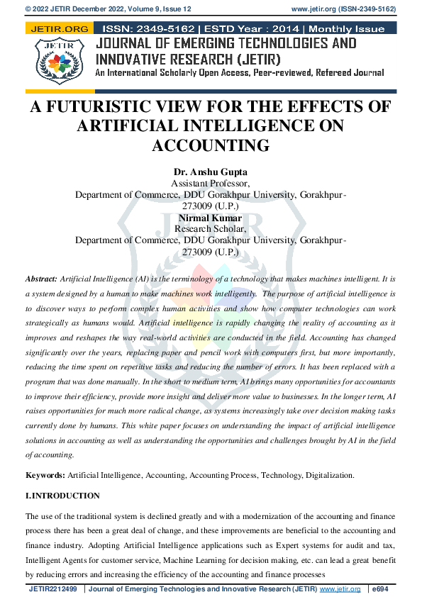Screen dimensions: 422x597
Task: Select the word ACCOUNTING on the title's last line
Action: tap(211, 145)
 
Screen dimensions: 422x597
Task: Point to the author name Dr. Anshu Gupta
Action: tap(211, 172)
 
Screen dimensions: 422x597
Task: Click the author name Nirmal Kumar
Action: tap(211, 218)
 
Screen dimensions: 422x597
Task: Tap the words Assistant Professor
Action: tap(211, 183)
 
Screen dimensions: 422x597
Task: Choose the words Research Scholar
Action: tap(211, 229)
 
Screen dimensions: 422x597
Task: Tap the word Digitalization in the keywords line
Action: tap(327, 475)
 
